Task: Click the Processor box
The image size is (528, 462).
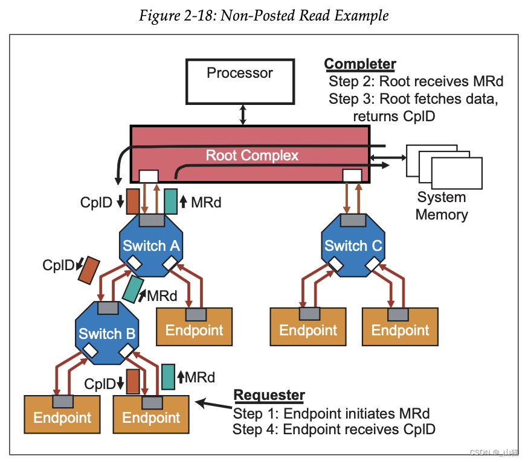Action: click(x=240, y=81)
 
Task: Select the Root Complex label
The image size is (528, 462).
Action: click(x=252, y=156)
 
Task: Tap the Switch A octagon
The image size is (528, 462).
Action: click(x=151, y=245)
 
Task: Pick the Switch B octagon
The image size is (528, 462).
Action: click(x=107, y=333)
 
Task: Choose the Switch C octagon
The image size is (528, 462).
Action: click(x=353, y=245)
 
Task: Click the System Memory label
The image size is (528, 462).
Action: click(x=442, y=206)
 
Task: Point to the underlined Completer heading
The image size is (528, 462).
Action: click(x=360, y=64)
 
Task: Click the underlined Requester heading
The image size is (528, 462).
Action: click(x=269, y=395)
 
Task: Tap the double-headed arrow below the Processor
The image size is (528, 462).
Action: click(x=243, y=115)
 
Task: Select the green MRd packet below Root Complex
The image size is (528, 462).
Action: click(x=171, y=201)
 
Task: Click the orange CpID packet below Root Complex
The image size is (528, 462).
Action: click(x=133, y=201)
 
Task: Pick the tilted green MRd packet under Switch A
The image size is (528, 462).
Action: click(x=133, y=289)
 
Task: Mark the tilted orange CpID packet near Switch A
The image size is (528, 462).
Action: click(x=89, y=270)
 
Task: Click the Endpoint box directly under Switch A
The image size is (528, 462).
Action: click(x=195, y=327)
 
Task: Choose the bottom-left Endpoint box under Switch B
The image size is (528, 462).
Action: click(x=62, y=414)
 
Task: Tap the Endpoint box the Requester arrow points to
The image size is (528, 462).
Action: click(x=151, y=414)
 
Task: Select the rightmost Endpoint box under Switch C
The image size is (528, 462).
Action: click(x=400, y=327)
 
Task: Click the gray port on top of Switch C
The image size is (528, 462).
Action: click(x=353, y=220)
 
